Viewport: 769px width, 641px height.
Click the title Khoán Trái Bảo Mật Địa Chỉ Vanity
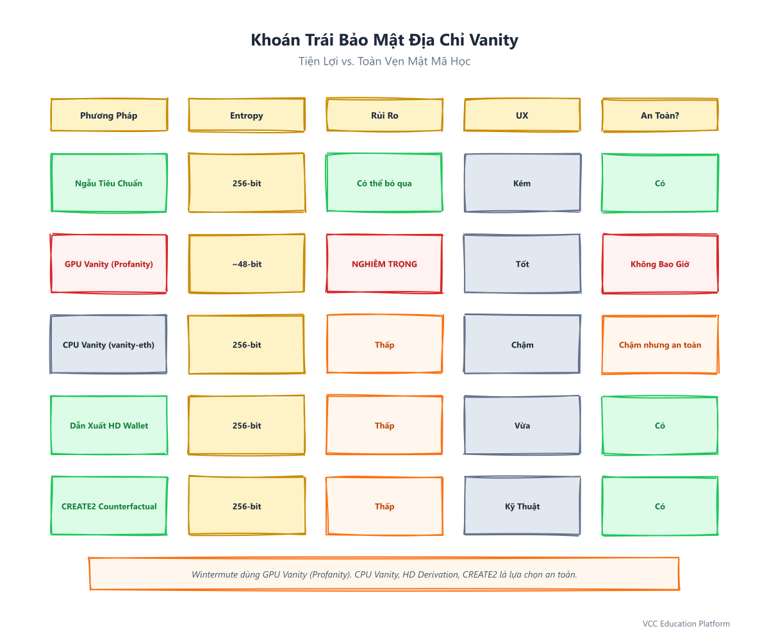coord(384,40)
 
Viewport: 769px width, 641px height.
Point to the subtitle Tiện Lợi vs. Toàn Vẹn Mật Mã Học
coord(384,61)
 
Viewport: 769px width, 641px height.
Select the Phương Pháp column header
coord(109,115)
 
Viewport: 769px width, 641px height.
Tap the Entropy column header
coord(247,115)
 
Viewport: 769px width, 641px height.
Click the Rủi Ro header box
coord(384,115)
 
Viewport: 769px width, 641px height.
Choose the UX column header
coord(522,115)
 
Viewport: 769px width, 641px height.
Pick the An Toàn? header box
coord(659,115)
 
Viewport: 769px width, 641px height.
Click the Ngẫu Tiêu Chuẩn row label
coord(109,183)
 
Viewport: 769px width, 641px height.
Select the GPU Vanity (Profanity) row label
coord(109,263)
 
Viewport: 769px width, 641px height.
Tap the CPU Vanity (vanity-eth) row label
coord(109,344)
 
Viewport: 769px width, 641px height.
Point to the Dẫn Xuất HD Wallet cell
coord(109,425)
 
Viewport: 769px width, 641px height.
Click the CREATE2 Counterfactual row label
coord(109,506)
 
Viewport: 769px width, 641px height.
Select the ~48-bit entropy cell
coord(247,263)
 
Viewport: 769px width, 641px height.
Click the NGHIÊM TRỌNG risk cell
coord(384,263)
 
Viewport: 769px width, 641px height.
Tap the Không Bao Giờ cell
coord(659,263)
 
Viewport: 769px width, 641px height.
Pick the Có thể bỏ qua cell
coord(384,183)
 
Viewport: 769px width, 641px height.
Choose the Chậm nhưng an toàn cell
coord(659,344)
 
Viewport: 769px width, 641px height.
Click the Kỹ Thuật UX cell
coord(522,506)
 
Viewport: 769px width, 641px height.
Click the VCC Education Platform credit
coord(686,624)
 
